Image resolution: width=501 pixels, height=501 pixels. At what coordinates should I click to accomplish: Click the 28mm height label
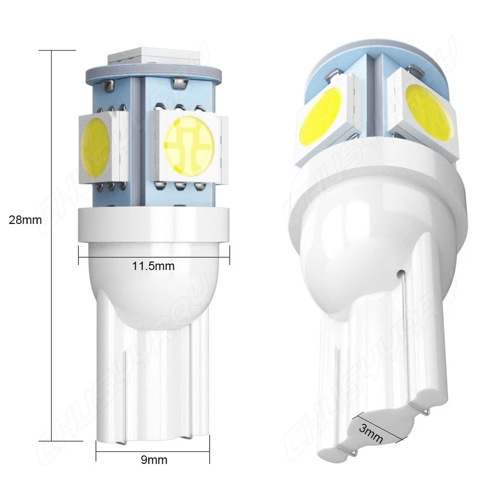pyautogui.click(x=25, y=220)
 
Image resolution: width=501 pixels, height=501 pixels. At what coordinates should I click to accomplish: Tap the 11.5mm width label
pyautogui.click(x=153, y=266)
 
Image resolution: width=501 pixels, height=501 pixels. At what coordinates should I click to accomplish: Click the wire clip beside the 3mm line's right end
pyautogui.click(x=426, y=412)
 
